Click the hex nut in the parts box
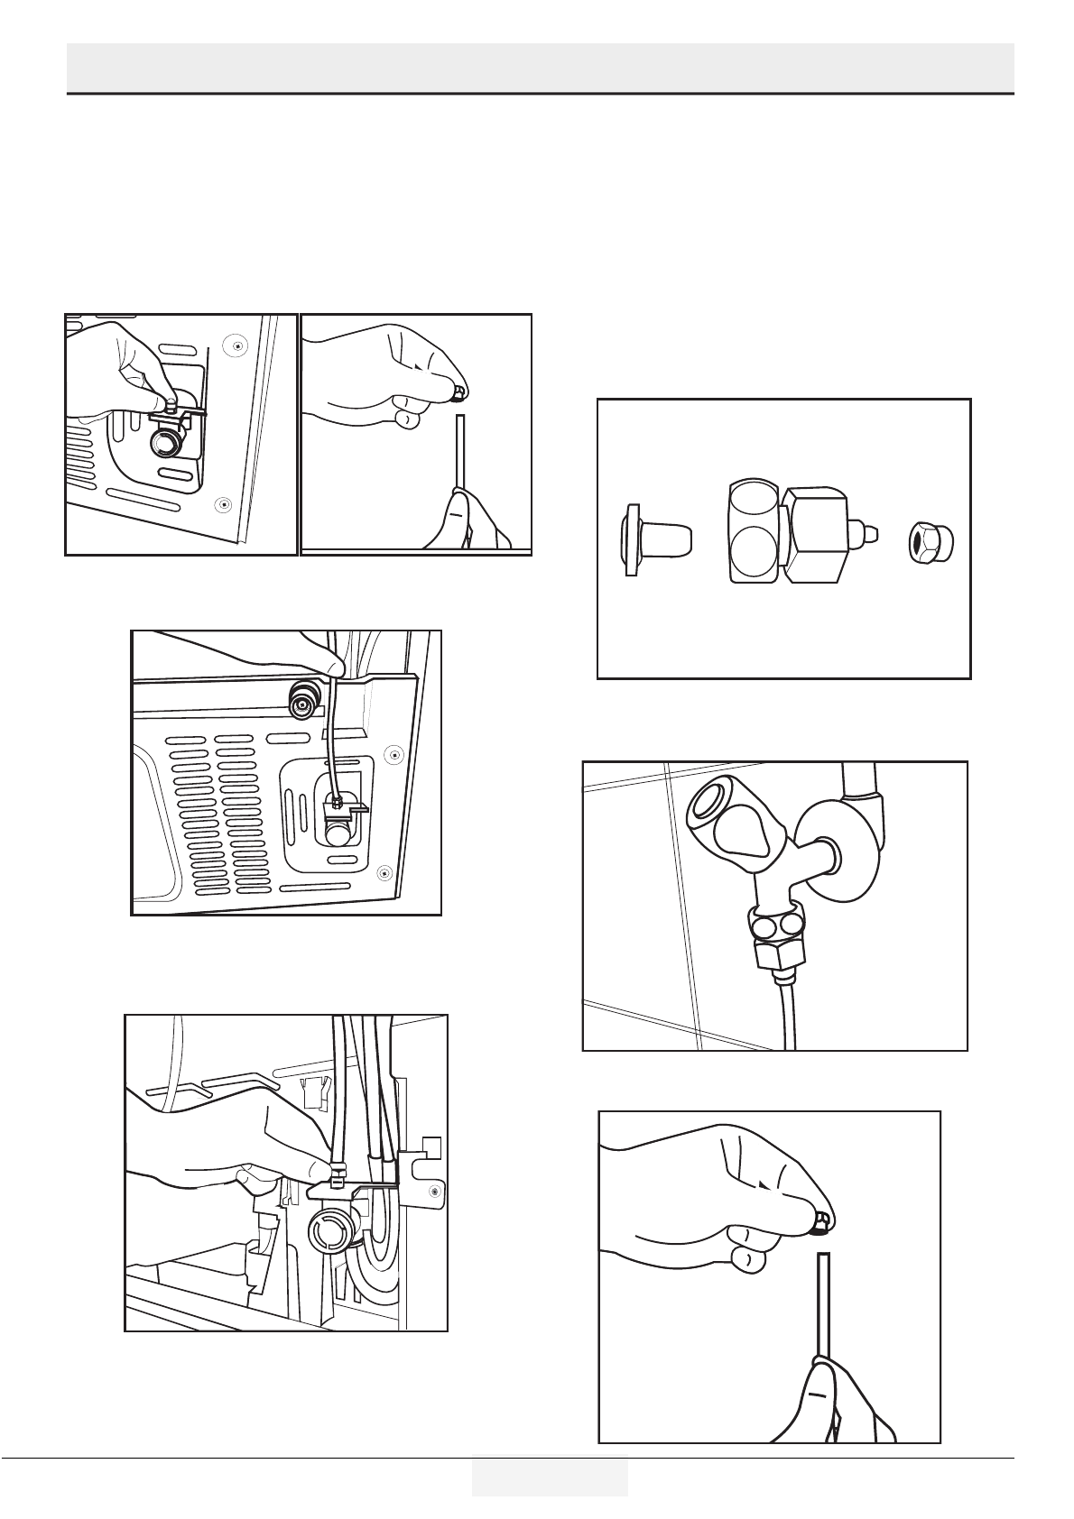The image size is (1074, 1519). [x=930, y=542]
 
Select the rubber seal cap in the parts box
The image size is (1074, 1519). [x=656, y=540]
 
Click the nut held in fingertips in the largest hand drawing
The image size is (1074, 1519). [x=820, y=1223]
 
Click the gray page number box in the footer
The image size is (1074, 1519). [x=549, y=1475]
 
